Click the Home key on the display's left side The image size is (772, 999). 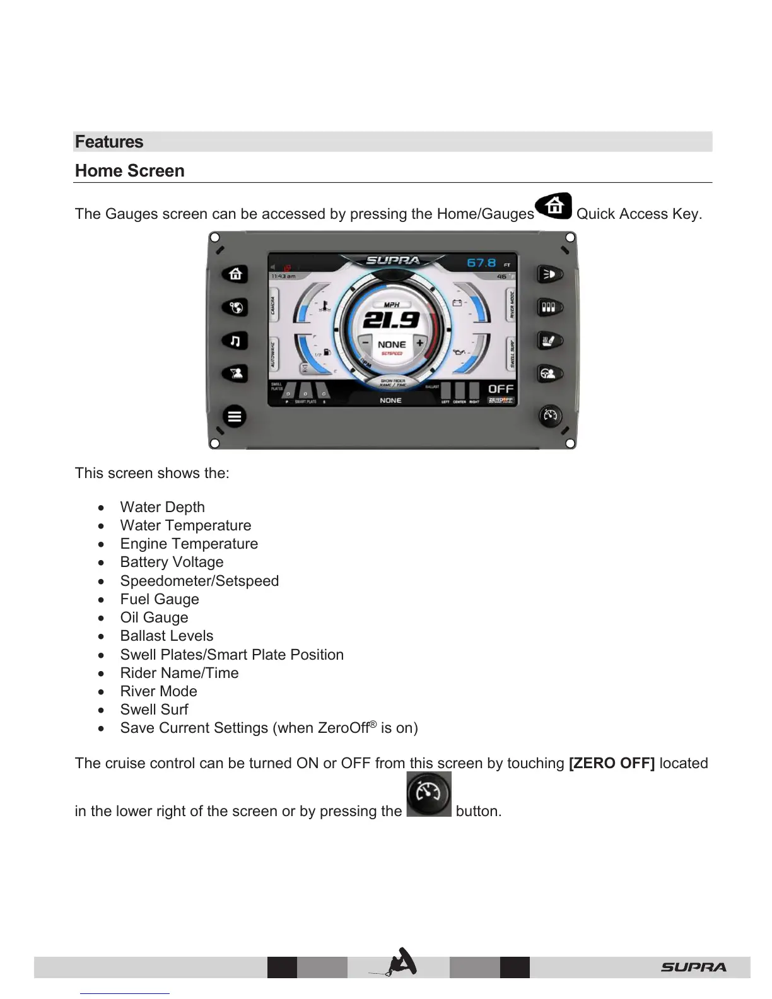coord(235,274)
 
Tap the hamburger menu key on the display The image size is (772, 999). coord(235,416)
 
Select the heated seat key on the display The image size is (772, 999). coord(549,341)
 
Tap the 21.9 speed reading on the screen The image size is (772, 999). coord(392,320)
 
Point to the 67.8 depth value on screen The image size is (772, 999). coord(481,262)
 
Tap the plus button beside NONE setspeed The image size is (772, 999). coord(419,344)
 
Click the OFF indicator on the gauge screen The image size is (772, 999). coord(501,389)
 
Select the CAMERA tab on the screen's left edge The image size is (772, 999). coord(273,307)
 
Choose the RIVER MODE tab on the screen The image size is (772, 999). coord(512,305)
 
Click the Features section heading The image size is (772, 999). coord(109,142)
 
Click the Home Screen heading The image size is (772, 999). coord(130,171)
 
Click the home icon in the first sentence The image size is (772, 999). coord(554,206)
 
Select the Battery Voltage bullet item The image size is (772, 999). coord(172,562)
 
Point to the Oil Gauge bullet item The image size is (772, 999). coord(154,617)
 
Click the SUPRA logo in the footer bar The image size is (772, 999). coord(693,967)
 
